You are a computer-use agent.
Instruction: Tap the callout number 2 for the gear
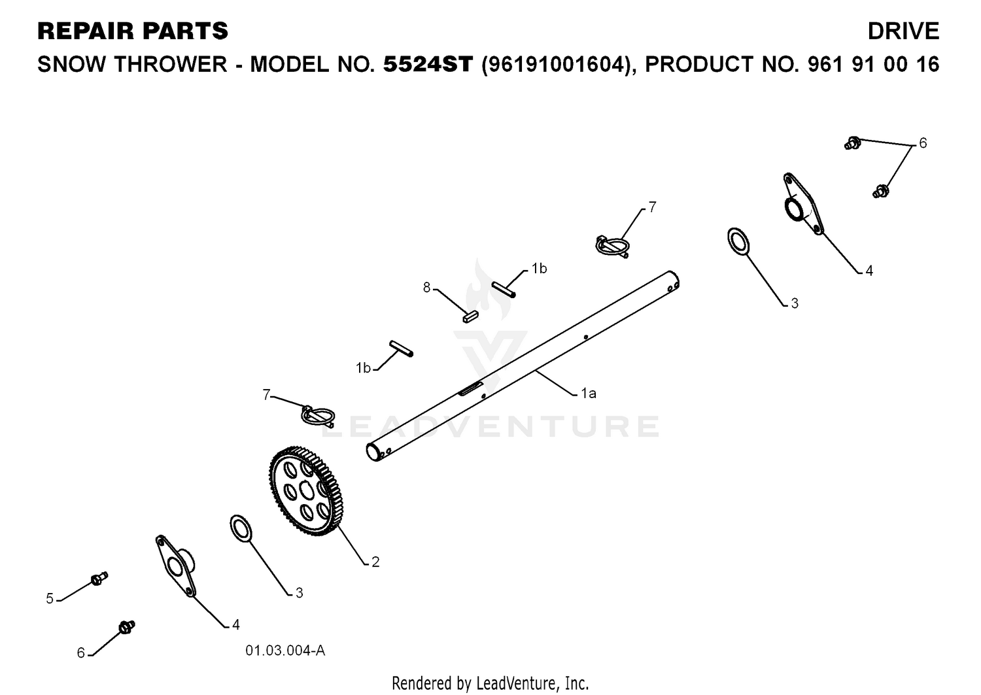tap(375, 562)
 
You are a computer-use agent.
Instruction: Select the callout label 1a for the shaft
tap(589, 394)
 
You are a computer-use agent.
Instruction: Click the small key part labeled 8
tap(470, 316)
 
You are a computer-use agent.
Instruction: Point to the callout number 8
tap(426, 288)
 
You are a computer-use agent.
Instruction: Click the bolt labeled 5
tap(100, 579)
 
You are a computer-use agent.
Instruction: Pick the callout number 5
tap(50, 598)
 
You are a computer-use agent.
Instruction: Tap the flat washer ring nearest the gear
tap(241, 528)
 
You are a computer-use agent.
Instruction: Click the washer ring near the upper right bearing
tap(738, 241)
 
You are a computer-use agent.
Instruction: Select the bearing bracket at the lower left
tap(175, 566)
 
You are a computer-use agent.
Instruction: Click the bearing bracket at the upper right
tap(802, 204)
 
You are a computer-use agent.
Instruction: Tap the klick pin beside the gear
tap(318, 416)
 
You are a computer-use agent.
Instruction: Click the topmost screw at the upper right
tap(853, 143)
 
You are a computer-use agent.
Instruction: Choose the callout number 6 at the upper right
tap(923, 143)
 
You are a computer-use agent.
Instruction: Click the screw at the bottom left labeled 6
tap(127, 627)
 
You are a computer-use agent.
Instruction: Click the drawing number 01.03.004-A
tap(285, 651)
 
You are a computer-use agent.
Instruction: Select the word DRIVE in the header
tap(903, 31)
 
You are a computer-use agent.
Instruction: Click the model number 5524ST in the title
tap(428, 64)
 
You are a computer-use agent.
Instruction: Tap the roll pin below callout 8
tap(401, 348)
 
